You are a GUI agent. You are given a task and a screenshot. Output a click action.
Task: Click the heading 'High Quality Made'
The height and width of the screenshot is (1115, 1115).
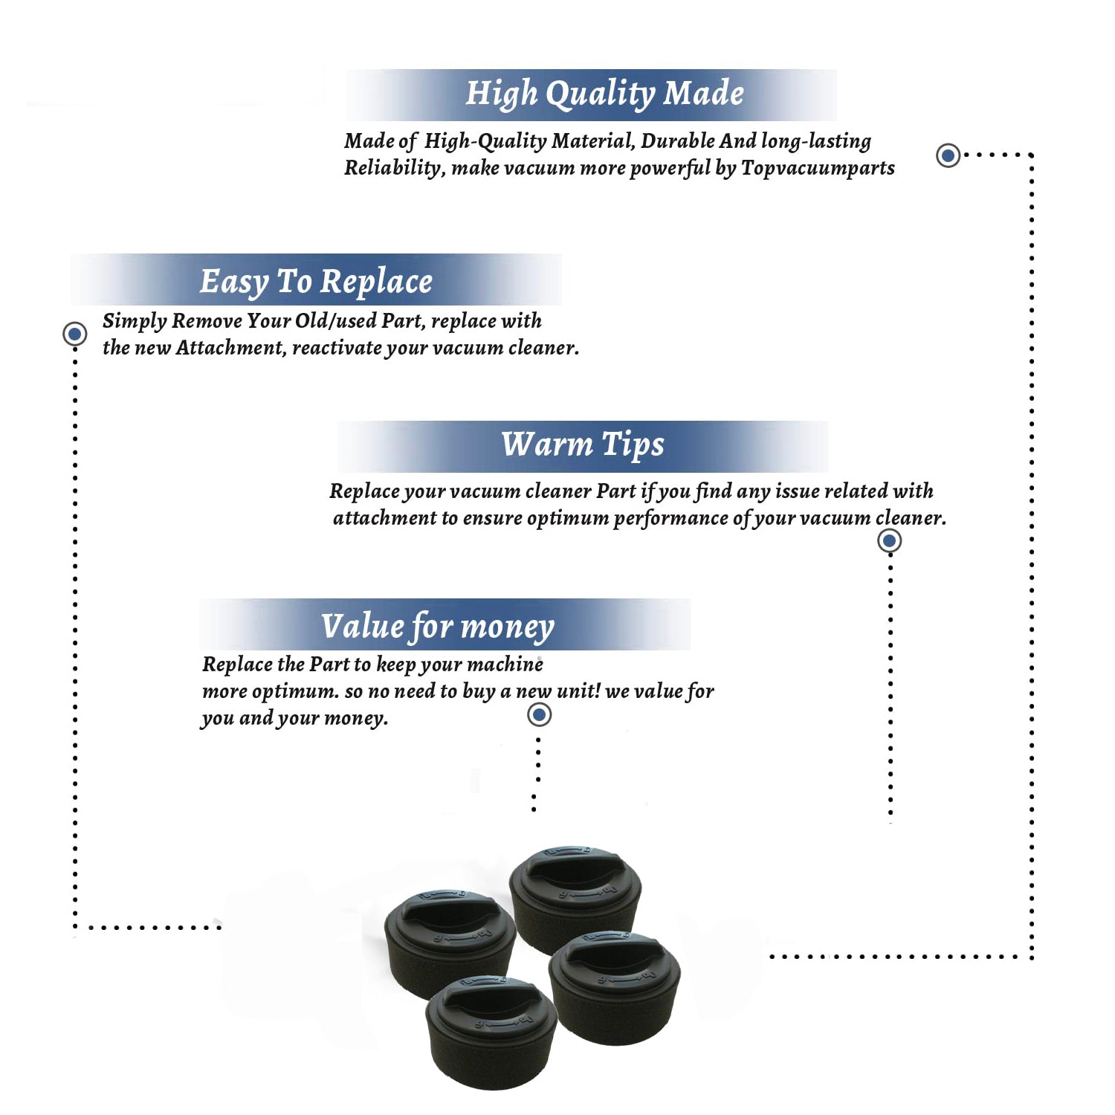click(604, 94)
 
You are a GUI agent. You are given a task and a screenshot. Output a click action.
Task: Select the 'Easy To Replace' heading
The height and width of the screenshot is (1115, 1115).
click(316, 282)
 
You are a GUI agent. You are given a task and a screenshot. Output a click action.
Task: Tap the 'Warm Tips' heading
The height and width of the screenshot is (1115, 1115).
click(582, 445)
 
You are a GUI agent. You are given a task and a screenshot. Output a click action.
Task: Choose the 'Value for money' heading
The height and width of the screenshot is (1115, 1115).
click(437, 627)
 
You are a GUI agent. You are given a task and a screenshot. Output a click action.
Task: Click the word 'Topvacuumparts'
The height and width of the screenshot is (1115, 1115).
click(818, 169)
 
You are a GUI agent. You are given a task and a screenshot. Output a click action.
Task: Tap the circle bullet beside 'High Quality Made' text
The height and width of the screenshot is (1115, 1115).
click(948, 155)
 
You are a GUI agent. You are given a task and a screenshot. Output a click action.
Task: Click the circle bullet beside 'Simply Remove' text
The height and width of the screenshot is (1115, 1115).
click(74, 334)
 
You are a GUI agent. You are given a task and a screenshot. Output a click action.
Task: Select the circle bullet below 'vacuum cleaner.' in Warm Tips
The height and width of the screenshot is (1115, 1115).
click(890, 540)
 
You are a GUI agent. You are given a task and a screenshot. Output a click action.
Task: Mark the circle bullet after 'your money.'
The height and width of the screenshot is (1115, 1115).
click(539, 715)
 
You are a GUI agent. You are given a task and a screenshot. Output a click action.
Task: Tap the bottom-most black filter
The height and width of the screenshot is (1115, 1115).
click(491, 1032)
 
